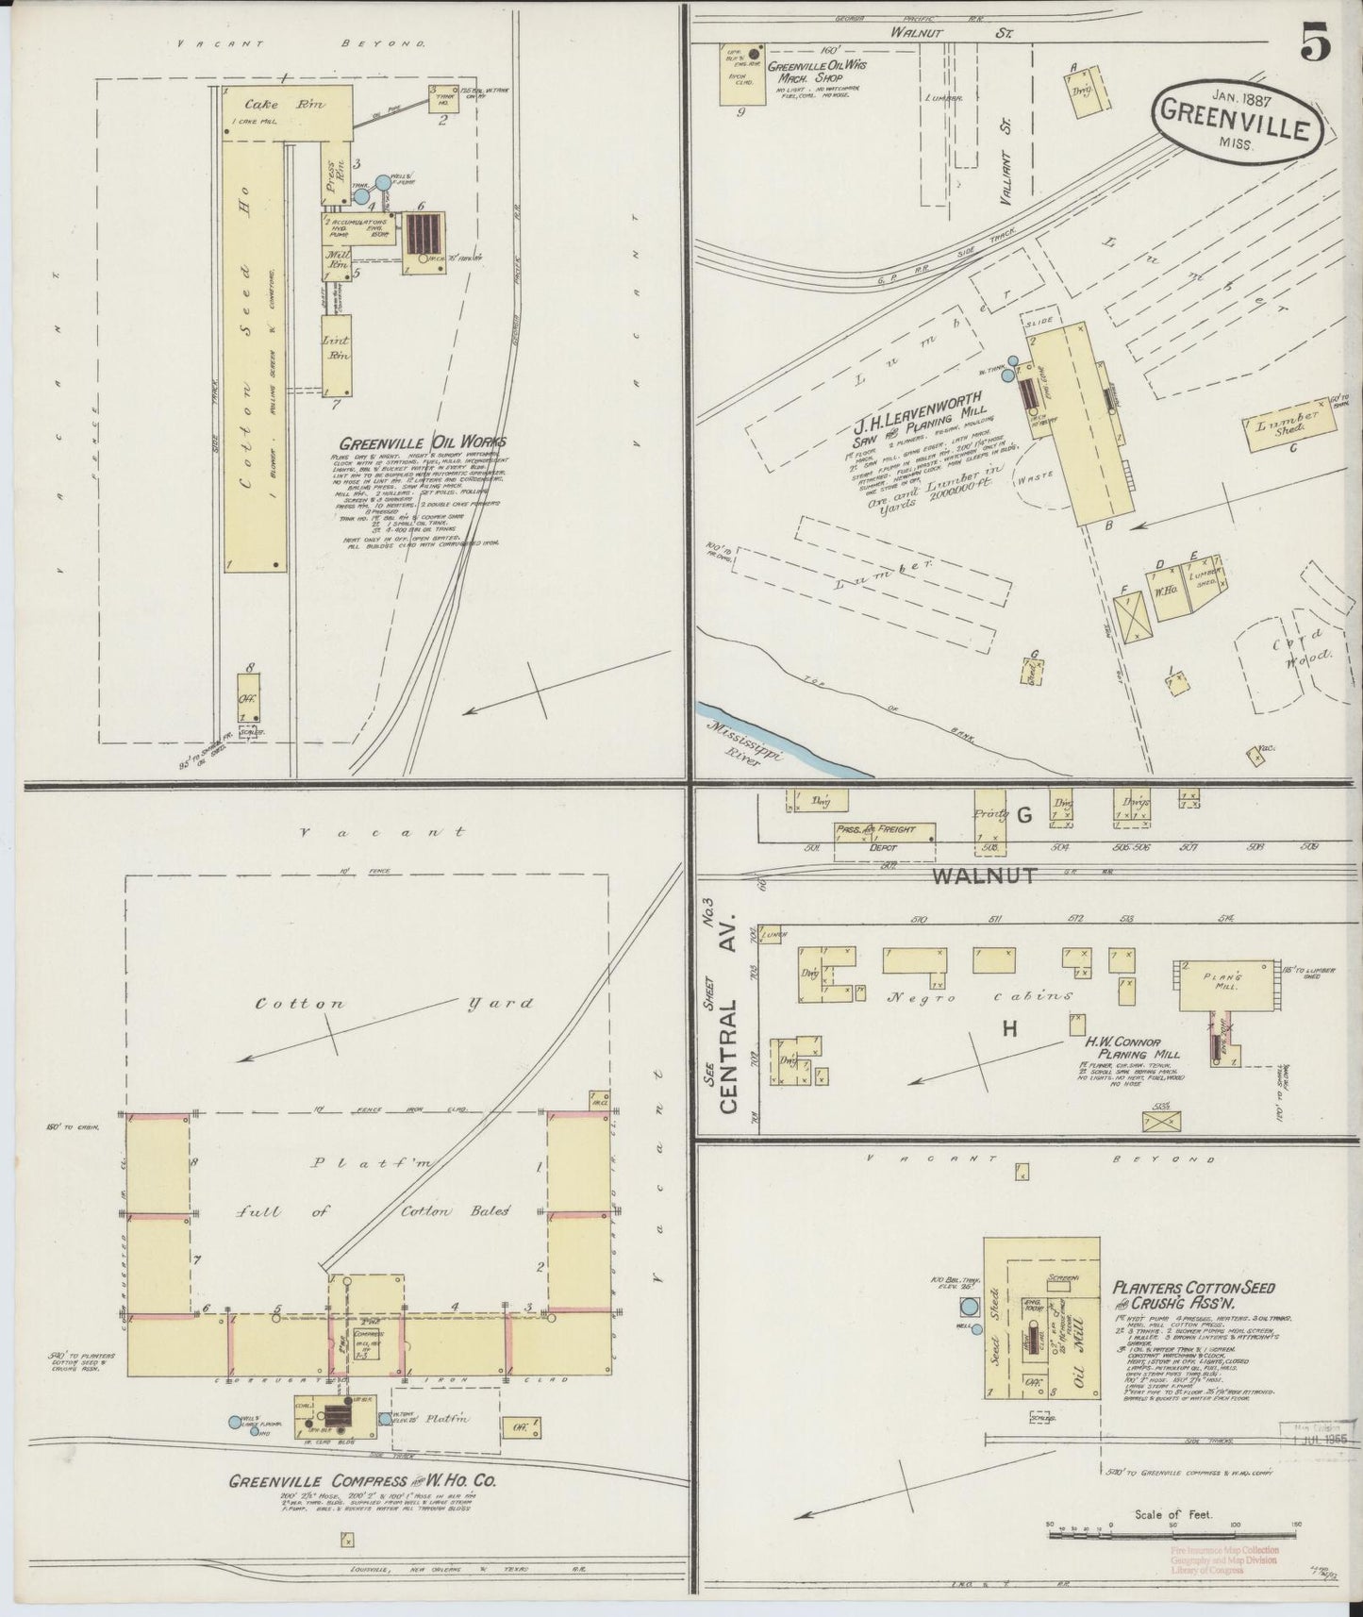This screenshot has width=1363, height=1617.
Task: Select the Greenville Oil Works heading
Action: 423,442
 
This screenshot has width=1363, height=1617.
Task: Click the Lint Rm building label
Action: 337,348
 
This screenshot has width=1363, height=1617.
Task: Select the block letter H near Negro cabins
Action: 1009,1030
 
